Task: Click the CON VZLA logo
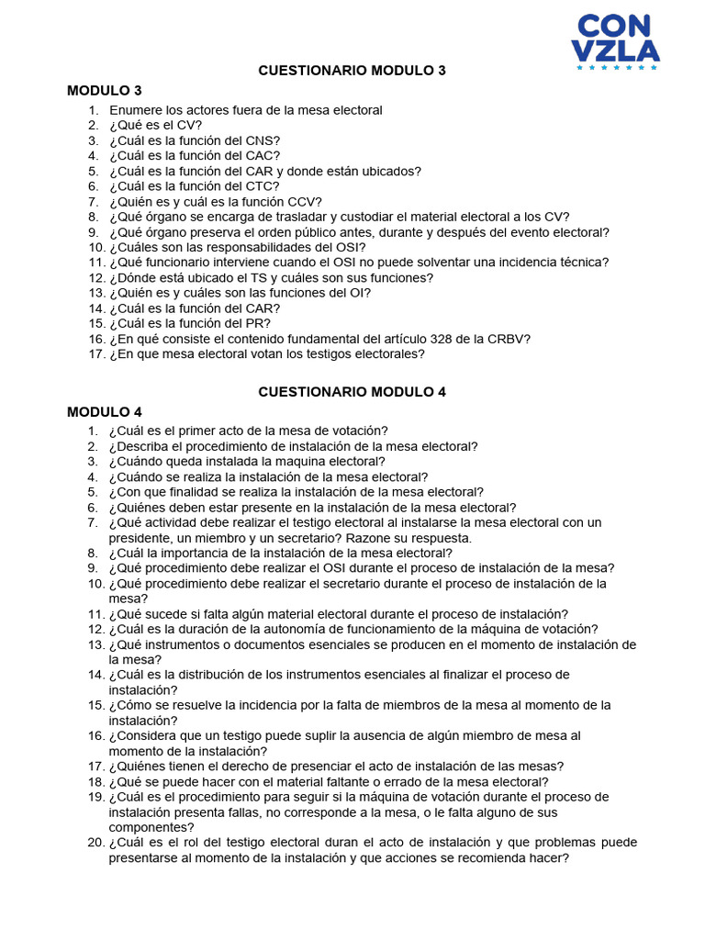pyautogui.click(x=616, y=40)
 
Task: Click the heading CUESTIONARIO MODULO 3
pyautogui.click(x=352, y=71)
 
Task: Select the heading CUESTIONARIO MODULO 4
pyautogui.click(x=352, y=391)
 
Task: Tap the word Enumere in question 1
pyautogui.click(x=136, y=110)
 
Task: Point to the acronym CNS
pyautogui.click(x=261, y=140)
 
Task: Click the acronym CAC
pyautogui.click(x=261, y=156)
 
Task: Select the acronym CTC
pyautogui.click(x=261, y=186)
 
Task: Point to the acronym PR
pyautogui.click(x=257, y=323)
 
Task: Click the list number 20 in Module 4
pyautogui.click(x=95, y=842)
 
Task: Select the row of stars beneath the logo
pyautogui.click(x=616, y=67)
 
